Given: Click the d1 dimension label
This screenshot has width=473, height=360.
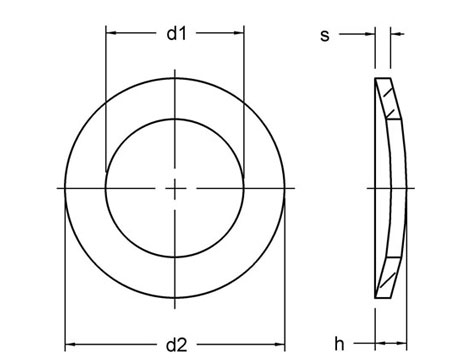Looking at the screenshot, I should [176, 34].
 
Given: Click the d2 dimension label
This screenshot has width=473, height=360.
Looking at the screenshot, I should [176, 345].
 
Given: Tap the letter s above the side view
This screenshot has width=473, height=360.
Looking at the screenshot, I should [324, 35].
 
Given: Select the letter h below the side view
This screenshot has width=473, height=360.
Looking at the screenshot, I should [339, 345].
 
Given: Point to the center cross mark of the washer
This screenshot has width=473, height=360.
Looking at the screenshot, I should [175, 187].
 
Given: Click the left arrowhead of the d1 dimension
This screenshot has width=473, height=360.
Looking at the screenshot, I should [111, 34].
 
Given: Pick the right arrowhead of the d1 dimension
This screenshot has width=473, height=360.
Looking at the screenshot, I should [239, 34].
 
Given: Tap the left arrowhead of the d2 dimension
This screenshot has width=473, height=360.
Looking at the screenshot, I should [71, 345].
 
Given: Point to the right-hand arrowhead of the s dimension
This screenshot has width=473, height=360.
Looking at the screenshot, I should [395, 35].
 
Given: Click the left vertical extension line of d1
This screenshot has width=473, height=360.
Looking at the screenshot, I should [106, 100].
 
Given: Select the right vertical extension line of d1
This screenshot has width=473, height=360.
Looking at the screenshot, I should [244, 100].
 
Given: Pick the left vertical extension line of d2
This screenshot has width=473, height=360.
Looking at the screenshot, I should [65, 280].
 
